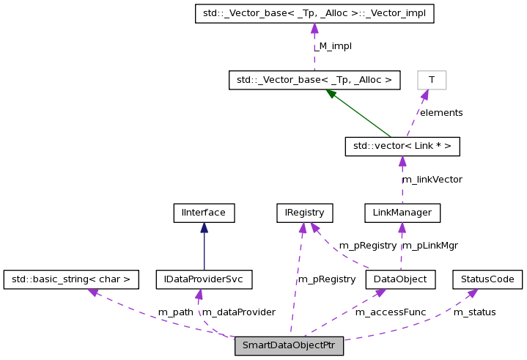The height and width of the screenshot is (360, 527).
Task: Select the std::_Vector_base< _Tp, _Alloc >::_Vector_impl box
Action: click(314, 14)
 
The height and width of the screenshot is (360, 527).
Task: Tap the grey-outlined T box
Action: click(432, 79)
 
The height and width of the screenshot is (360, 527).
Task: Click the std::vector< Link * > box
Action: click(402, 147)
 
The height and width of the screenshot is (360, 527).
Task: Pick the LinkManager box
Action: click(402, 213)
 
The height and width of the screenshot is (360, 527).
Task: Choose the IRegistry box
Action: click(304, 213)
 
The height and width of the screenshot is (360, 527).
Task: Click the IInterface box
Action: click(204, 213)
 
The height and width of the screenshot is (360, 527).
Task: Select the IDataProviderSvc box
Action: click(204, 279)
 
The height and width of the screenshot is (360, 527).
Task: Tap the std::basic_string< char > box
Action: click(71, 279)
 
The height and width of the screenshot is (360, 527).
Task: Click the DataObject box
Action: click(400, 279)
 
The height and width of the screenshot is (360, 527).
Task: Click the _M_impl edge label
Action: click(335, 45)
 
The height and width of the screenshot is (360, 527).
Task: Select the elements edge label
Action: click(441, 112)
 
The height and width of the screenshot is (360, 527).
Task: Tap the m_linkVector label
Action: click(432, 179)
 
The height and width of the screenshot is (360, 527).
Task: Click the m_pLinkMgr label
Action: click(430, 245)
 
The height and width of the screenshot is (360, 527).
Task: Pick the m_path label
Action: click(176, 312)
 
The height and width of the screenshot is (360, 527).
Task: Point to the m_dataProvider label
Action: click(239, 312)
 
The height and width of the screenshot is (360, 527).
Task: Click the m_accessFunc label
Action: click(391, 312)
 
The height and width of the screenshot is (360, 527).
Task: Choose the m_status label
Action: click(475, 312)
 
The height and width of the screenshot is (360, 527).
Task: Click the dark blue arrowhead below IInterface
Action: click(204, 227)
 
